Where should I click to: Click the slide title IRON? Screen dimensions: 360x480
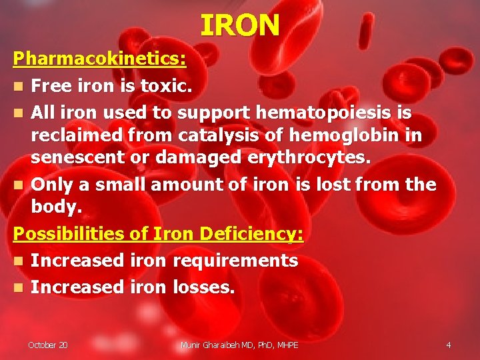point(240,25)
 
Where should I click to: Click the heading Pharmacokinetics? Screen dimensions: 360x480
point(100,59)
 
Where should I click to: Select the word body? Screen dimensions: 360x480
point(56,207)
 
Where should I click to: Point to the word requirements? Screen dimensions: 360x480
point(235,261)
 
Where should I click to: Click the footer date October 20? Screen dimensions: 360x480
point(47,345)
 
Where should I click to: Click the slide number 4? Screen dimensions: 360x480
point(448,345)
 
